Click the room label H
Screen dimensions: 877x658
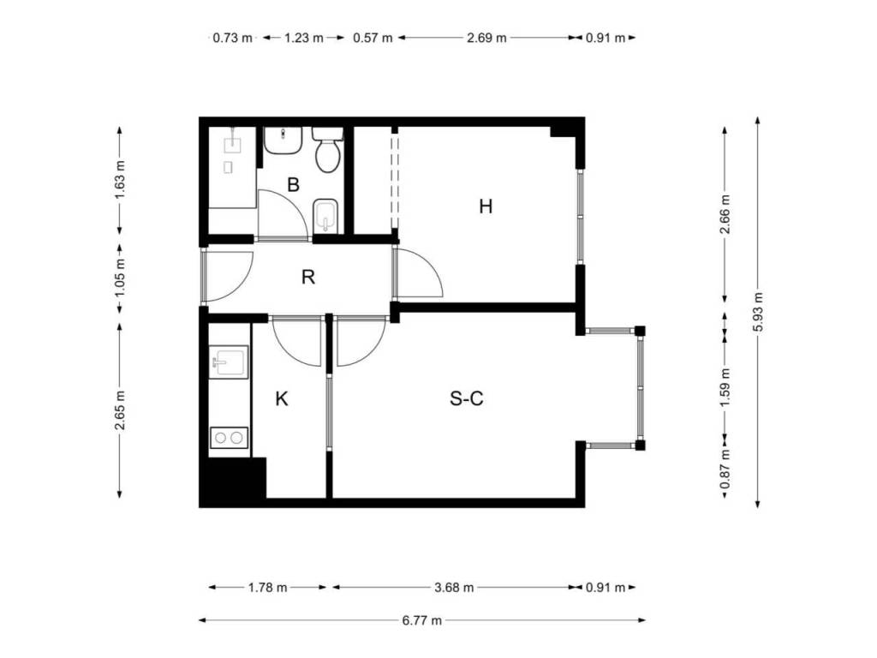[x=486, y=206]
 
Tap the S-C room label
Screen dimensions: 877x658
[x=467, y=398]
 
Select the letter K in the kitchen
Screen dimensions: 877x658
[x=282, y=399]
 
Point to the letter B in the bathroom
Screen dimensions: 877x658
[x=293, y=184]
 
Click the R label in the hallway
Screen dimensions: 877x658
[x=307, y=277]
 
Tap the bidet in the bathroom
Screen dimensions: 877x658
[x=326, y=215]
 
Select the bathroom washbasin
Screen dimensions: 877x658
[x=283, y=141]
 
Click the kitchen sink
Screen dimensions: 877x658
[x=229, y=362]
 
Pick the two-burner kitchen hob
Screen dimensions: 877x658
[x=229, y=438]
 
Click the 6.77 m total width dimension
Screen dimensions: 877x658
[x=422, y=620]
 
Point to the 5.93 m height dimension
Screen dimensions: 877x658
[x=758, y=312]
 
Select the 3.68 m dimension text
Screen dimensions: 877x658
[x=454, y=588]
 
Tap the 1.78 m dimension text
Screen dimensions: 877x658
[x=267, y=588]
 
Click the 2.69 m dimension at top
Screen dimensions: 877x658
[x=486, y=38]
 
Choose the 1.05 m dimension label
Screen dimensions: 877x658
[x=120, y=278]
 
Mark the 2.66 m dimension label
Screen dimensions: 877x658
[x=725, y=214]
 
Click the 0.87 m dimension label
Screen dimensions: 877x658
[x=725, y=469]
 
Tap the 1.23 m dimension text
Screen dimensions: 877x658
[x=304, y=38]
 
